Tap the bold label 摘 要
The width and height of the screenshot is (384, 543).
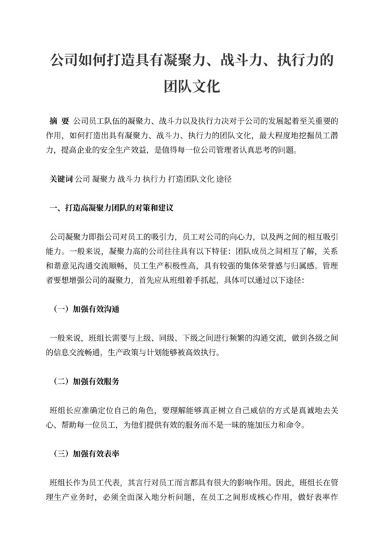coord(59,121)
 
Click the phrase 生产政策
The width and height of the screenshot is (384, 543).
coord(121,352)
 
